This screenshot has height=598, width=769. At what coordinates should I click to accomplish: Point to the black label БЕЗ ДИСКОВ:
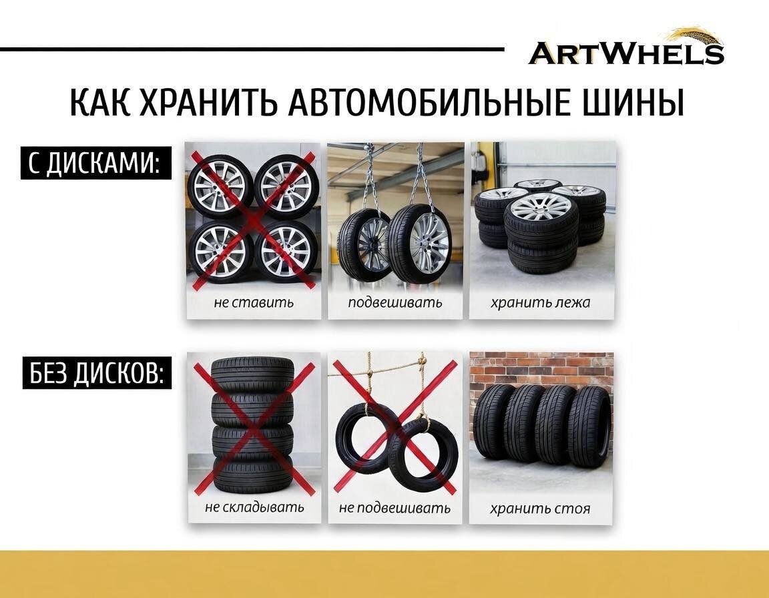[x=96, y=373]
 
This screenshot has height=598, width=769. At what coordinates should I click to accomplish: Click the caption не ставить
[x=254, y=302]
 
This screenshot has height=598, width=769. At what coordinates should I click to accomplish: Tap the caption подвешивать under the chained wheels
[x=395, y=302]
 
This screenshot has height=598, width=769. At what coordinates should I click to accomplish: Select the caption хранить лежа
[x=541, y=302]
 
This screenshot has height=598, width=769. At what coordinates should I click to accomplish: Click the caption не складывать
[x=254, y=507]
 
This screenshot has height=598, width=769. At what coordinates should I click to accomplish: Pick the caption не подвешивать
[x=395, y=508]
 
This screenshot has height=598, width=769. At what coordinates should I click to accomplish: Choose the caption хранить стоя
[x=540, y=509]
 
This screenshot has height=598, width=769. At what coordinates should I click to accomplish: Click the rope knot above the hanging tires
[x=421, y=361]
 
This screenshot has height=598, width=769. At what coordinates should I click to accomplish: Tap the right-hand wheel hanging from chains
[x=420, y=244]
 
